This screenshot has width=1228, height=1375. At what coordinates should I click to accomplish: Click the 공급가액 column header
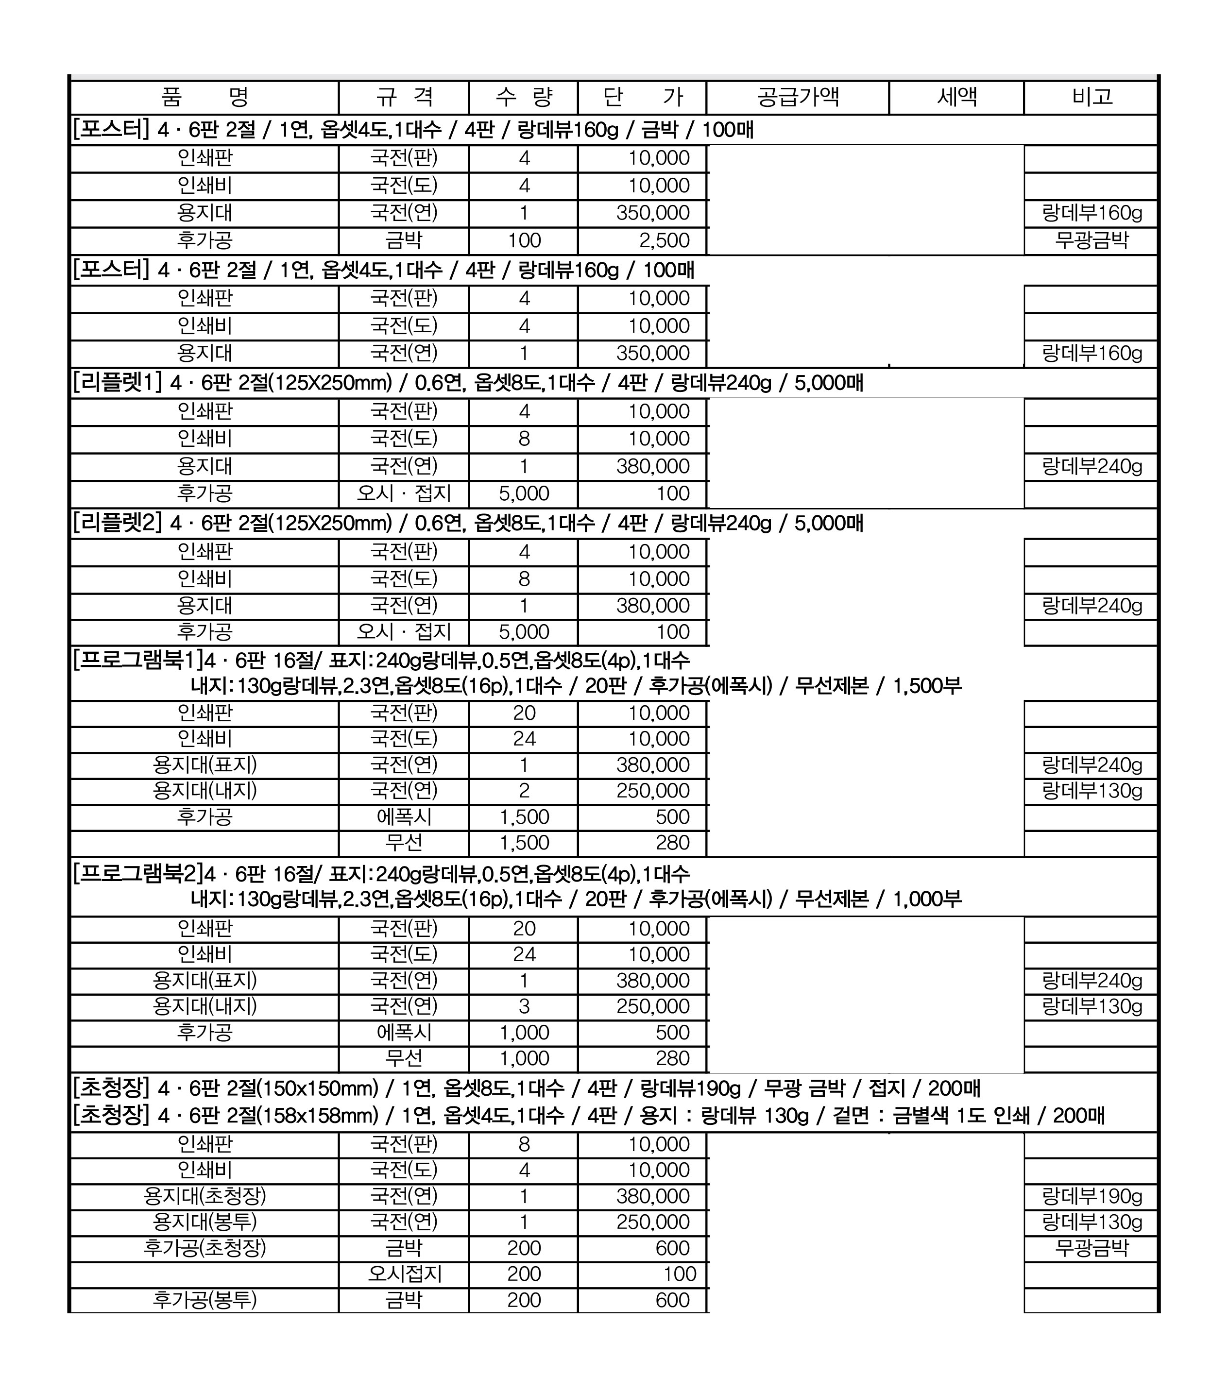798,97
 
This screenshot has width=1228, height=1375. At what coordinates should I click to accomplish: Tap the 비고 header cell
1091,97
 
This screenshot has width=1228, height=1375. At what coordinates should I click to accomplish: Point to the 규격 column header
404,97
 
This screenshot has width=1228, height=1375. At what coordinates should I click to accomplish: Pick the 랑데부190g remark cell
1091,1197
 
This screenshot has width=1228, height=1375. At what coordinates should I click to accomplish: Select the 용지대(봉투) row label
205,1222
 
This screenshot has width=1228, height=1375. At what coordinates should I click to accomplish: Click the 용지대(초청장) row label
205,1196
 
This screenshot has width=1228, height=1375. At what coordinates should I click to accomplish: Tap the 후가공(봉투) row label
205,1300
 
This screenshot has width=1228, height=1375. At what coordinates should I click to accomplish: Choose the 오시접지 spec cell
404,1274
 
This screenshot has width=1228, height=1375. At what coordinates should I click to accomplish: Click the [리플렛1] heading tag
118,383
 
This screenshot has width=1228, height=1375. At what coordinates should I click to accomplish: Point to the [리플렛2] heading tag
118,523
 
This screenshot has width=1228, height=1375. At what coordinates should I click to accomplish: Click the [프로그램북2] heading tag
137,874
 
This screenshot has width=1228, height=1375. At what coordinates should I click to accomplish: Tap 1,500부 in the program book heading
927,686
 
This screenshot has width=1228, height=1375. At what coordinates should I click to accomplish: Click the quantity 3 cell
524,1007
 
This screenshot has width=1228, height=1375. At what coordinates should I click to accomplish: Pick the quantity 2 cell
524,791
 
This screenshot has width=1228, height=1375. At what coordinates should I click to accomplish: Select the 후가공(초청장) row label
205,1248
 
